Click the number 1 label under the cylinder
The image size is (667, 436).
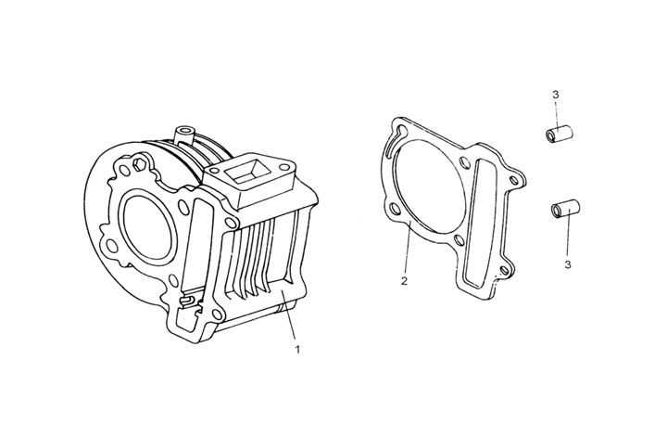(x=297, y=350)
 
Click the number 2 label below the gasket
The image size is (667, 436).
(x=405, y=279)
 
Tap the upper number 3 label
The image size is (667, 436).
(x=554, y=95)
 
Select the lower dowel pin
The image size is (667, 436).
(x=565, y=208)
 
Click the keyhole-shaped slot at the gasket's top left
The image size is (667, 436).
(x=399, y=135)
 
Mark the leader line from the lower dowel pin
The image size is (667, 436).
(x=564, y=237)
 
